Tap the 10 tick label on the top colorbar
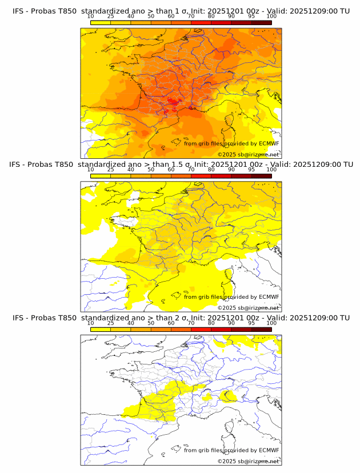coord(91,17)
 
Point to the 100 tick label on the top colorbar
coord(271,17)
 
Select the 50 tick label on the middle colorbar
coord(151,170)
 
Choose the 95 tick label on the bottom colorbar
coord(251,323)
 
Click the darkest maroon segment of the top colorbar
coord(262,23)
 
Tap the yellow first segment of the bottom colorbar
coord(101,329)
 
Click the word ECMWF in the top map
coord(269,144)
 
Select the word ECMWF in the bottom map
coord(269,450)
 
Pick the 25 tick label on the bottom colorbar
coord(111,323)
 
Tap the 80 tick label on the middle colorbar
coord(211,170)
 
